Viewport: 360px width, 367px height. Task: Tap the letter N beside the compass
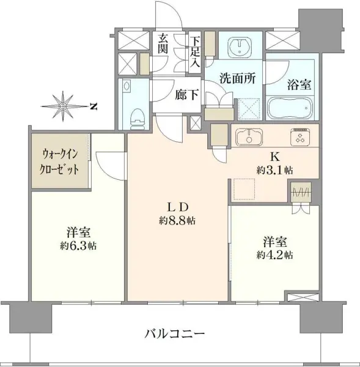pos(93,106)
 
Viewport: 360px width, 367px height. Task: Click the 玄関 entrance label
pos(163,44)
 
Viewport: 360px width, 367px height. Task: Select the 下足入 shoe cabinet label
pos(194,50)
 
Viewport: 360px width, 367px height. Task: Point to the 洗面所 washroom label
pos(234,78)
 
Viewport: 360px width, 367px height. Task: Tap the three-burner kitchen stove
pos(301,137)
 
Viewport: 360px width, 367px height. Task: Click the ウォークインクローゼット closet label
pos(60,161)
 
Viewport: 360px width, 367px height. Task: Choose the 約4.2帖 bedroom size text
pos(273,254)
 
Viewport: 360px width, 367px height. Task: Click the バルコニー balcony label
pos(175,334)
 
